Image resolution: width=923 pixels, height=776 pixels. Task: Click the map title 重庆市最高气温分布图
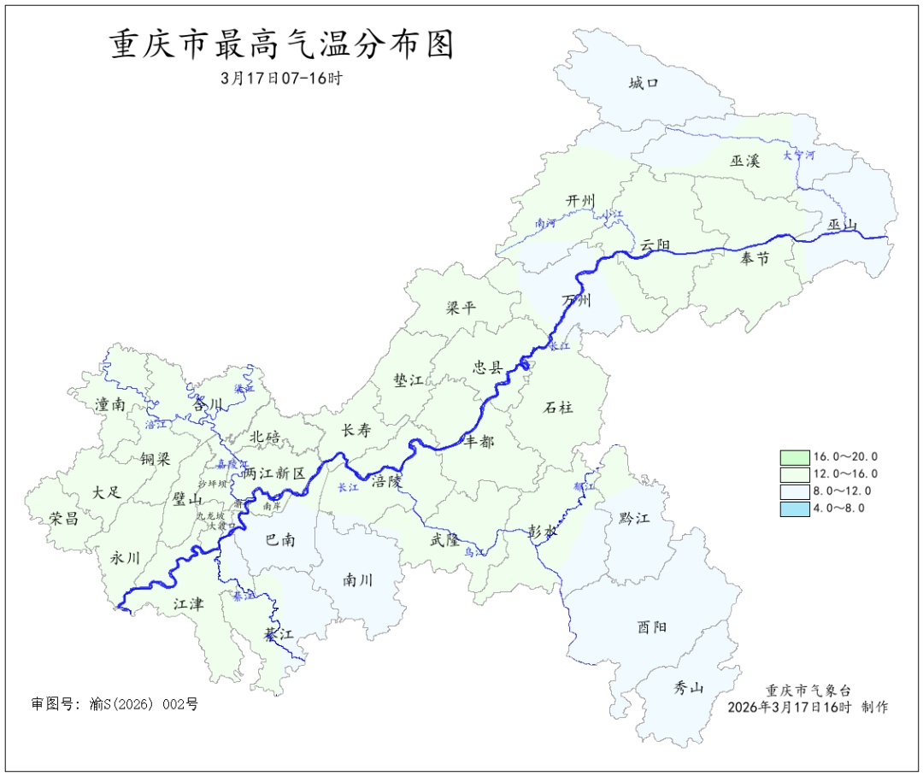click(x=281, y=45)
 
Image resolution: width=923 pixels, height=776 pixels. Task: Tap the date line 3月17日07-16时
click(x=281, y=78)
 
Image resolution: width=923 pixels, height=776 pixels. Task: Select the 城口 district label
click(x=643, y=83)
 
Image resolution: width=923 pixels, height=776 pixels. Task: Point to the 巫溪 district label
click(x=744, y=160)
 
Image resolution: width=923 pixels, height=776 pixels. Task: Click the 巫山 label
click(x=842, y=226)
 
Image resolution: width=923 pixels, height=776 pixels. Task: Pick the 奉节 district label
click(x=755, y=258)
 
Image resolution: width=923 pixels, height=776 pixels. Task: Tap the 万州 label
click(x=576, y=301)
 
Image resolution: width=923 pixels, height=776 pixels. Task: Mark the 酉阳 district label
click(x=652, y=627)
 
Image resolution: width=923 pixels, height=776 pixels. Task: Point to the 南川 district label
click(x=358, y=579)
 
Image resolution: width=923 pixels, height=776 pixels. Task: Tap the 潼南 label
click(x=110, y=405)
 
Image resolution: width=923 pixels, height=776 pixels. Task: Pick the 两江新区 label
click(x=273, y=473)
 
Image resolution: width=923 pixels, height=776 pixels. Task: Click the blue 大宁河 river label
click(x=799, y=156)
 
